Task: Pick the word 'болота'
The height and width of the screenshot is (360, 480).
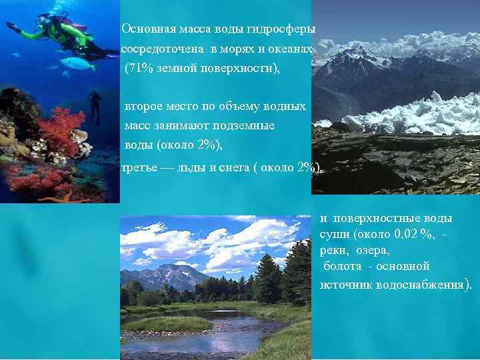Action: (x=342, y=267)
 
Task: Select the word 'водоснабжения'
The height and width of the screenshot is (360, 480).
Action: (x=426, y=284)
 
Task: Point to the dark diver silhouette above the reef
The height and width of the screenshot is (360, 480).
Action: (x=95, y=103)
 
